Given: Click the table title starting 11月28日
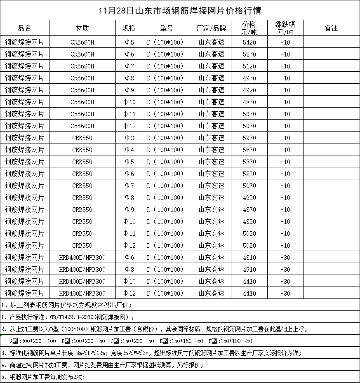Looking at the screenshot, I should [180, 10].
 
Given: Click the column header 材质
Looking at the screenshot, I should [82, 28].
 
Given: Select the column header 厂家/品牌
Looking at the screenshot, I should [212, 28].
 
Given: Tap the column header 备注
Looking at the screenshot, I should [331, 28].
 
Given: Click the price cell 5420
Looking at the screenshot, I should [249, 42].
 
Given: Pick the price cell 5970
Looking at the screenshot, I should [249, 138].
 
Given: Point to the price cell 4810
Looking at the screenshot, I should [249, 258].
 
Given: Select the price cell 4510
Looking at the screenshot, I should [249, 270].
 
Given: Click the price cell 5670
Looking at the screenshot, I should [249, 150].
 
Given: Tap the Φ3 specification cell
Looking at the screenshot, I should [129, 138].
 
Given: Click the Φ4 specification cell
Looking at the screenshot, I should [129, 150].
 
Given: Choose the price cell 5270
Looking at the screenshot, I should [249, 54].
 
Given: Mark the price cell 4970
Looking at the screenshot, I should [249, 78].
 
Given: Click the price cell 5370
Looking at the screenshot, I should [249, 162].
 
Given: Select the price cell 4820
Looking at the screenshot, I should [249, 222].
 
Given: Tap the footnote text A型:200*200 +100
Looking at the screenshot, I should [33, 341].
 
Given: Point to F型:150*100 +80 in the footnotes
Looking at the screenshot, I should [231, 341].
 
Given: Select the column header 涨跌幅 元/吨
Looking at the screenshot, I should [285, 28].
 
